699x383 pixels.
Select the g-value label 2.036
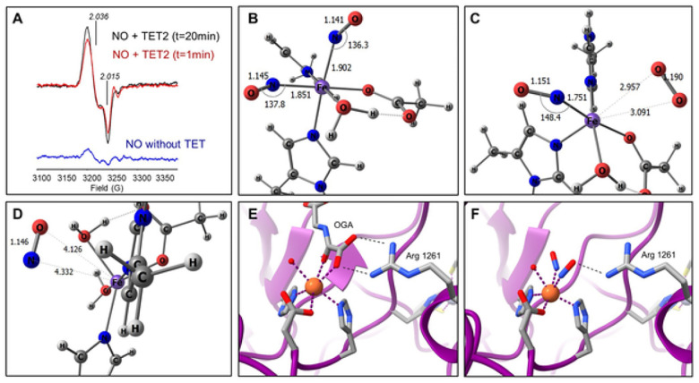tap(99, 16)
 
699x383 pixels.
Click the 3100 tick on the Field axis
tap(41, 179)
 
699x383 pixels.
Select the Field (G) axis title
tap(107, 190)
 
